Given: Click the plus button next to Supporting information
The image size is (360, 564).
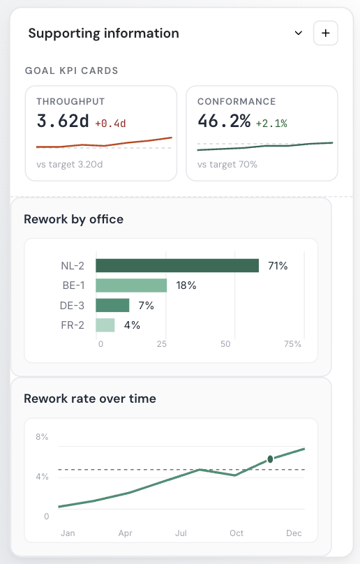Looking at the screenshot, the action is point(326,33).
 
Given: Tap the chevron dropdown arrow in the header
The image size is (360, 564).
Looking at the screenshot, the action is point(298,33).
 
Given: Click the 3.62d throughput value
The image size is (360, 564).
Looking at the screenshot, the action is point(63,121).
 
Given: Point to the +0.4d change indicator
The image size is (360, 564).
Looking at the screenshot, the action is point(110,124).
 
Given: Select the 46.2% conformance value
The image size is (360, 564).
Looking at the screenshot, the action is point(224,121).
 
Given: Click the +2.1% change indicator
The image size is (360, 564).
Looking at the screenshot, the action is point(271,124).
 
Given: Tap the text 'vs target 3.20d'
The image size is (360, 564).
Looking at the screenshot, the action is point(69,164).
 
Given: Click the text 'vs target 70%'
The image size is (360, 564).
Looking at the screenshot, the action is point(227,164).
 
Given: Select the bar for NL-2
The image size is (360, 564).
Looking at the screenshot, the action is point(177,265).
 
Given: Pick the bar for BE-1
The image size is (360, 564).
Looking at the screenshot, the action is point(131,285).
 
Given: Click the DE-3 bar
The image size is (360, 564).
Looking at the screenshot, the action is point(112,305).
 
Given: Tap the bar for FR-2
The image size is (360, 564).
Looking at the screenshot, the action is point(105,325).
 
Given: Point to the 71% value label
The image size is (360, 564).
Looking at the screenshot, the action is point(278,266).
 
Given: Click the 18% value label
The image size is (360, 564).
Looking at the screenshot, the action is point(186,285).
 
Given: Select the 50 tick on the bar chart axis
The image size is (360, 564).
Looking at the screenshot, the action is point(225,344).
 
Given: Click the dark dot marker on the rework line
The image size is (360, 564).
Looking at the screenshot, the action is point(270,459).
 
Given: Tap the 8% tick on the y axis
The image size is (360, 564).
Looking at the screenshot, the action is point(42,437).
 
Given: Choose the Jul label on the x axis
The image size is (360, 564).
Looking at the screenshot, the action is point(181,533).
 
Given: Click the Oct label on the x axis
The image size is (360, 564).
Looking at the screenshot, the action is point(237,533).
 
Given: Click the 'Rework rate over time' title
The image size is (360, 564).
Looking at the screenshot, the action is point(90,399).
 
